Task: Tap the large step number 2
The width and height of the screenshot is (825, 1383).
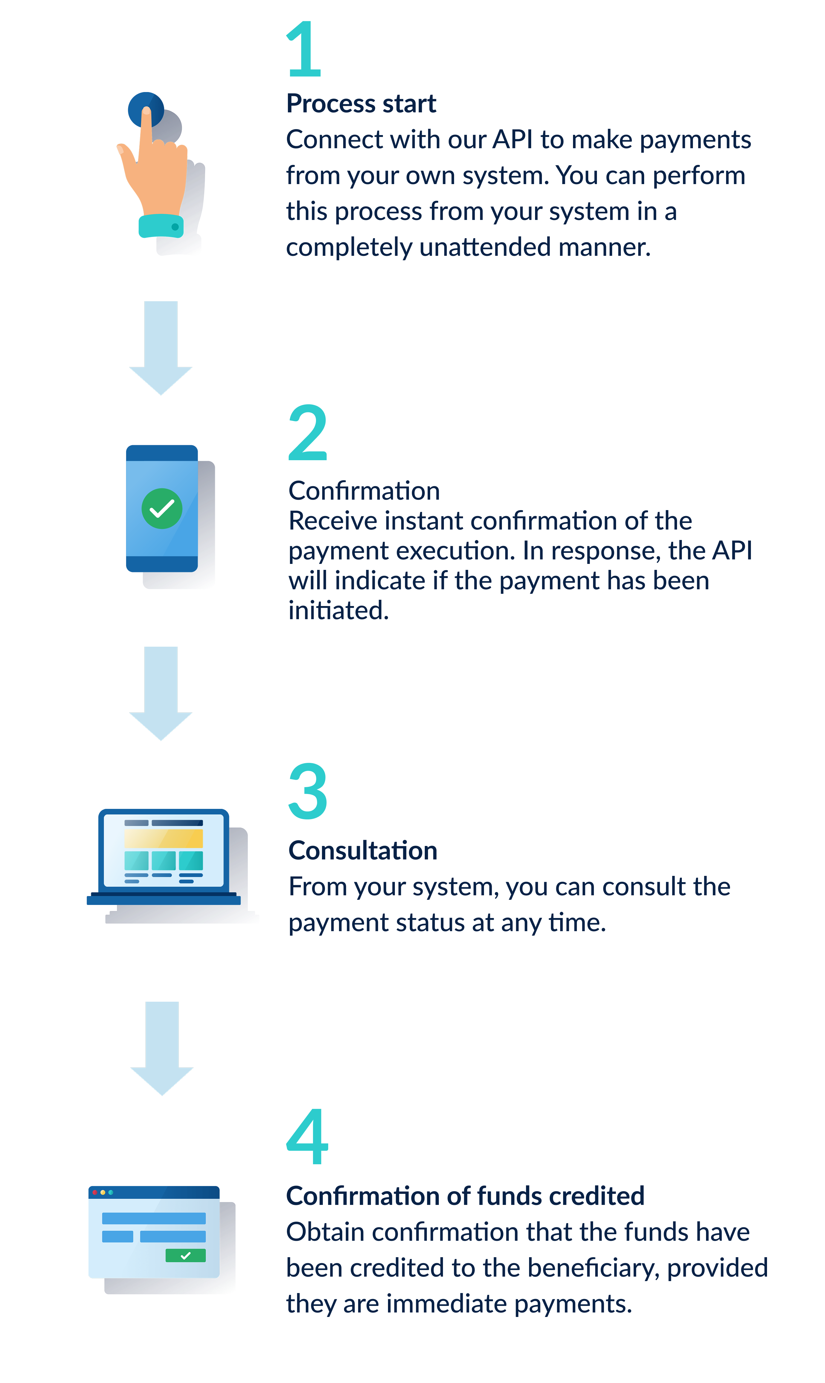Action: (x=307, y=432)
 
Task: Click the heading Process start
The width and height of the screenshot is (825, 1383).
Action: (x=361, y=104)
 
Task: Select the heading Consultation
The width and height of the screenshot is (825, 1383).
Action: (x=363, y=851)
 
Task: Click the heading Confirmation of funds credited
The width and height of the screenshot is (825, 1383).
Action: (x=465, y=1196)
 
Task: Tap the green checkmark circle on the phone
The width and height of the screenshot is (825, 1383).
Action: (x=162, y=508)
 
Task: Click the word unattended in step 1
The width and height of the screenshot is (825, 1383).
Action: (x=485, y=247)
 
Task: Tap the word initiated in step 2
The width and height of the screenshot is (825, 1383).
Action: (x=337, y=611)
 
